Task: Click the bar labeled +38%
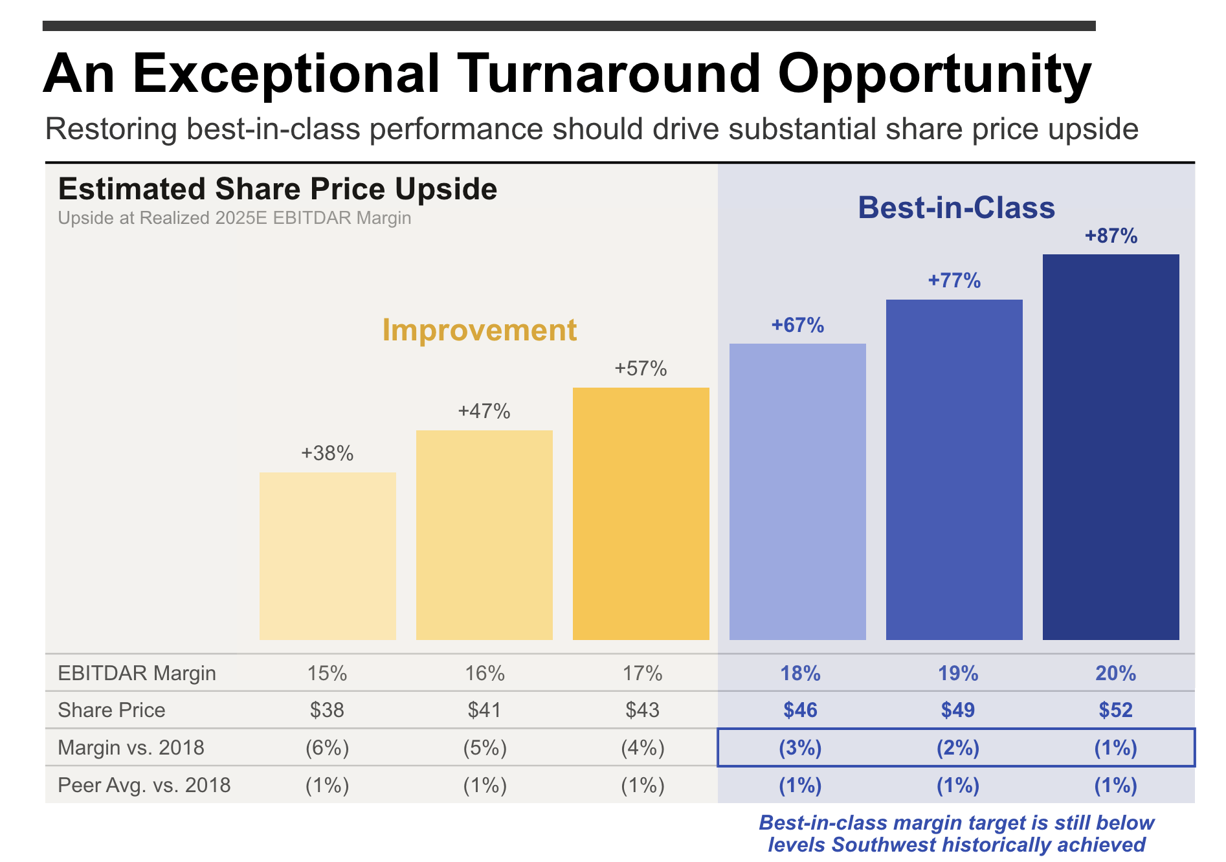pyautogui.click(x=328, y=556)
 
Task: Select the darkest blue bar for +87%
pyautogui.click(x=1111, y=447)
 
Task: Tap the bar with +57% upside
pyautogui.click(x=641, y=514)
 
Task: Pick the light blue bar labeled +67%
pyautogui.click(x=797, y=492)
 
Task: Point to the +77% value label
pyautogui.click(x=954, y=280)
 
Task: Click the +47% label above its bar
pyautogui.click(x=484, y=411)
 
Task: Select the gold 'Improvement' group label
pyautogui.click(x=479, y=329)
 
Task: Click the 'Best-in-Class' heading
pyautogui.click(x=956, y=208)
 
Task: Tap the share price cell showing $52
pyautogui.click(x=1115, y=710)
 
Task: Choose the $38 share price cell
pyautogui.click(x=327, y=710)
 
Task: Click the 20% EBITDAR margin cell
pyautogui.click(x=1115, y=673)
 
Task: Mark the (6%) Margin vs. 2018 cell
pyautogui.click(x=327, y=747)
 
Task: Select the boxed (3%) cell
pyautogui.click(x=800, y=747)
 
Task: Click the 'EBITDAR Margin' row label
pyautogui.click(x=137, y=673)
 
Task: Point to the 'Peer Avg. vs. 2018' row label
pyautogui.click(x=144, y=785)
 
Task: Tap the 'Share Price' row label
pyautogui.click(x=111, y=710)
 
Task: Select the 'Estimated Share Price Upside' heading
pyautogui.click(x=278, y=189)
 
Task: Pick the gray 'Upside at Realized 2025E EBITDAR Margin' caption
pyautogui.click(x=234, y=218)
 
